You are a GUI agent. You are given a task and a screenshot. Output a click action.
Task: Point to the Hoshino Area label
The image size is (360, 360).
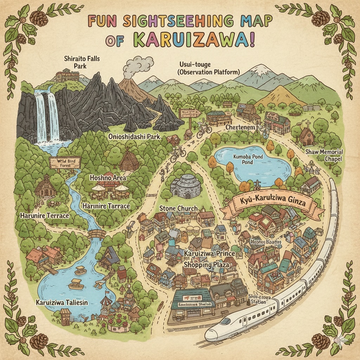tap(108, 178)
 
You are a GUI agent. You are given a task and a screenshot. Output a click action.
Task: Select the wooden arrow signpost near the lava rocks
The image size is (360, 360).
tap(190, 114)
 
